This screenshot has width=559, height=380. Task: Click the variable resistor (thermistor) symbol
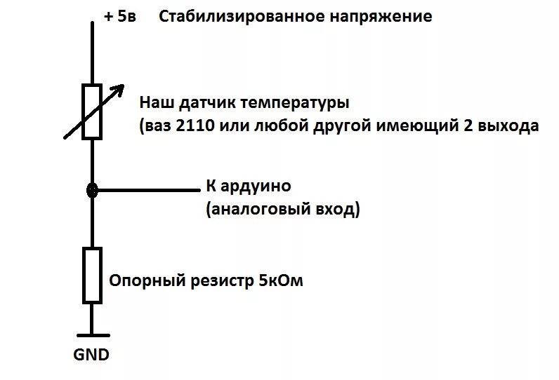click(92, 111)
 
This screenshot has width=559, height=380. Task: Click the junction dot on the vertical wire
click(92, 189)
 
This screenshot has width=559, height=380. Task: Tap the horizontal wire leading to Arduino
click(147, 189)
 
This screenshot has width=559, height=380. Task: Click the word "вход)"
click(337, 209)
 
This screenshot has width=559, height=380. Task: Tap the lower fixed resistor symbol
click(92, 275)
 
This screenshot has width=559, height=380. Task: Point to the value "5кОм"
click(280, 281)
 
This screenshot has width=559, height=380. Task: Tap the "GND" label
click(91, 355)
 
